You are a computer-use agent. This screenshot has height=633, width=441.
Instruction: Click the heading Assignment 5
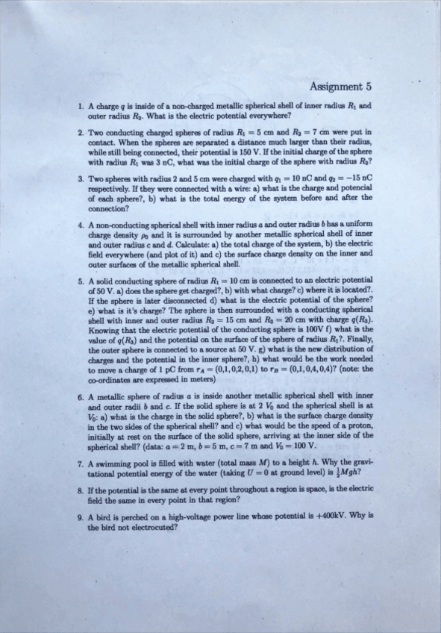click(340, 86)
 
